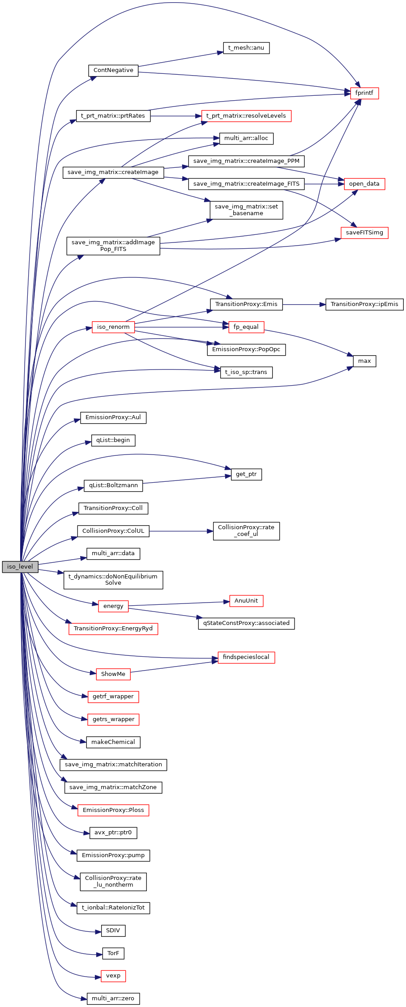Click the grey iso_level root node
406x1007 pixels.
pos(20,566)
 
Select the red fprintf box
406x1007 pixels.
pos(364,93)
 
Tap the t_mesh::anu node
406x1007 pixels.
pos(246,48)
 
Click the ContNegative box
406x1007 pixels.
pos(113,70)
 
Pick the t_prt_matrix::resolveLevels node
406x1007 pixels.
pos(246,116)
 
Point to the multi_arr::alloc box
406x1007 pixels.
pos(246,138)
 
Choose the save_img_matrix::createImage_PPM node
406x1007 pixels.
pos(246,161)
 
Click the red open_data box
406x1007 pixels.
pos(364,184)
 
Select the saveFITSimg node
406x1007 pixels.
pos(364,233)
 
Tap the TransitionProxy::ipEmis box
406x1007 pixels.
pos(364,304)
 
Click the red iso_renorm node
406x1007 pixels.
pos(113,327)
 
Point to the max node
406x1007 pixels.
pos(364,361)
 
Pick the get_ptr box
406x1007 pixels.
pos(246,474)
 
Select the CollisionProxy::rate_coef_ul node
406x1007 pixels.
pos(246,531)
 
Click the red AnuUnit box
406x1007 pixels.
pos(246,601)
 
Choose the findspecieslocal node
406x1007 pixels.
pos(246,657)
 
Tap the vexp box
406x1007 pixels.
pos(113,976)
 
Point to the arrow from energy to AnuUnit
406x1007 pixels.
pos(179,603)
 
